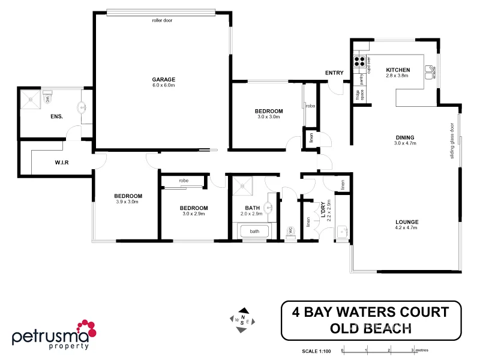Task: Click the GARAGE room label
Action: [163, 79]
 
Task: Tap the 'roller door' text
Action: [162, 20]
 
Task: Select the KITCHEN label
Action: [397, 70]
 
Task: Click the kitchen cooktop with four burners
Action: [361, 60]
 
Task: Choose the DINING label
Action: [405, 137]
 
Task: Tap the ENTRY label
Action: [334, 73]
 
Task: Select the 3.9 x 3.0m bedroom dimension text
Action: [128, 202]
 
